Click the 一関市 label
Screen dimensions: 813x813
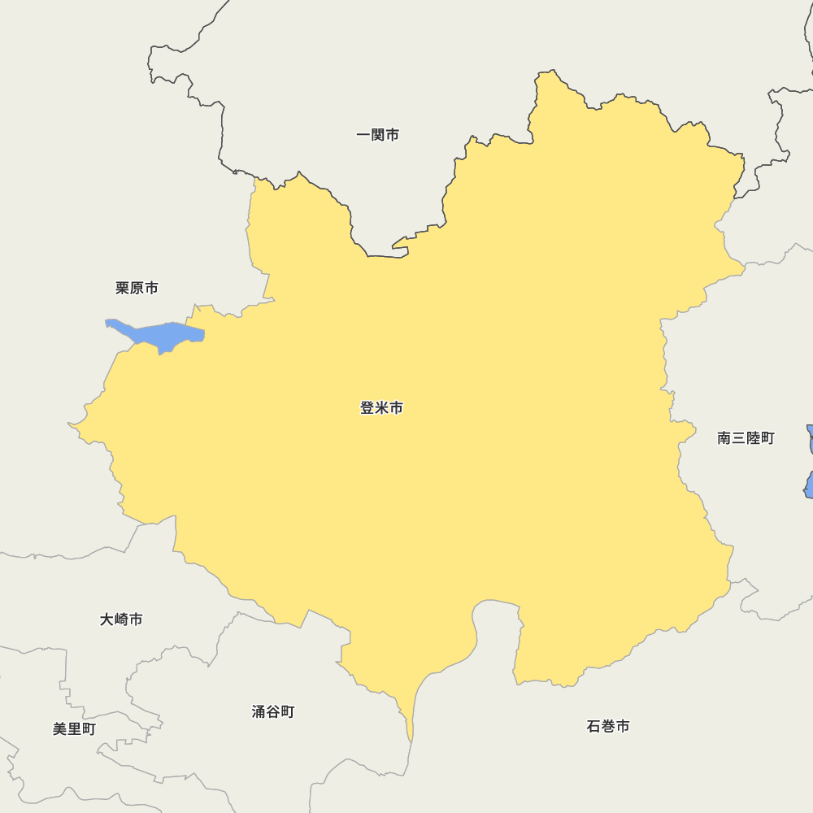click(x=378, y=135)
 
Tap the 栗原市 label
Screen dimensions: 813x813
click(x=137, y=288)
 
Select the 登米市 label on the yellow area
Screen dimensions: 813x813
click(x=381, y=408)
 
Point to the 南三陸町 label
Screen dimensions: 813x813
click(x=746, y=438)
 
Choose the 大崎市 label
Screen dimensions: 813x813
click(x=121, y=620)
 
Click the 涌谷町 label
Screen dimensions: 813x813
click(x=272, y=712)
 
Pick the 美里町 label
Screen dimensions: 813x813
click(x=74, y=729)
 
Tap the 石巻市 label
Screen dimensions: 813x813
click(x=607, y=726)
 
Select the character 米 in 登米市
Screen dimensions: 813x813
click(x=381, y=408)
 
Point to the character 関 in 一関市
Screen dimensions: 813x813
click(x=378, y=135)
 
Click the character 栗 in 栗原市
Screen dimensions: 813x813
click(x=123, y=288)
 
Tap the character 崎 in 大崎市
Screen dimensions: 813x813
click(x=121, y=620)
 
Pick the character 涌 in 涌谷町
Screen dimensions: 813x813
click(x=259, y=712)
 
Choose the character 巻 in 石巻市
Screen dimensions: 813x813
click(x=607, y=726)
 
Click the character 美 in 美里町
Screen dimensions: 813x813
click(x=60, y=729)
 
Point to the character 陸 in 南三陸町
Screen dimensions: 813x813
click(x=753, y=438)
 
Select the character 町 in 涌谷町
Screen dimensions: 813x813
click(x=287, y=712)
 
